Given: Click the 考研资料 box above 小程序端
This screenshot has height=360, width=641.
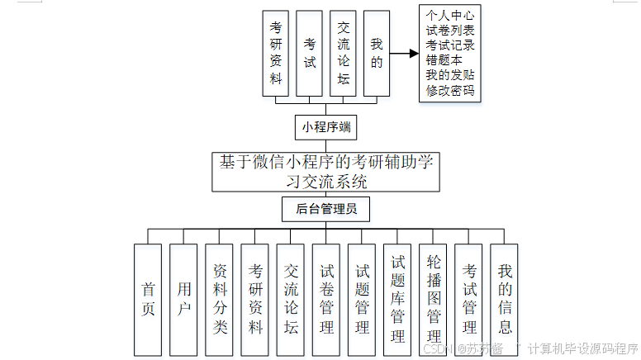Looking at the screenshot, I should (x=275, y=52).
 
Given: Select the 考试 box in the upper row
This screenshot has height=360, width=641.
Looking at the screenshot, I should (x=309, y=52).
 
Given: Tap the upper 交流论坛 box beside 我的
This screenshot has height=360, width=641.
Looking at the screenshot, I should (x=343, y=52).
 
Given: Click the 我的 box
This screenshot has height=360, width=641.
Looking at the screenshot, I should (x=377, y=52).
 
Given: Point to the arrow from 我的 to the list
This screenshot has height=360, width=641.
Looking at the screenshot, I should (x=404, y=54).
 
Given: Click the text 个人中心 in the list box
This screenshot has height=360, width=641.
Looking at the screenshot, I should (x=450, y=16).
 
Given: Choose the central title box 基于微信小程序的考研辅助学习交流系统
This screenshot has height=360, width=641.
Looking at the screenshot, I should (x=325, y=171).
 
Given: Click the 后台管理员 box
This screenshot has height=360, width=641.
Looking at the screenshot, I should (x=325, y=210).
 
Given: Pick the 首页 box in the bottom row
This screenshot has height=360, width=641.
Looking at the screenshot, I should (x=148, y=300).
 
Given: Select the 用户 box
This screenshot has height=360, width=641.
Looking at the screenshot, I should (x=183, y=300).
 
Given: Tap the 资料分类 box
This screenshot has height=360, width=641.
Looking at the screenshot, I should (x=220, y=300).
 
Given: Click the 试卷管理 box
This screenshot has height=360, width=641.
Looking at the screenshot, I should (x=326, y=300).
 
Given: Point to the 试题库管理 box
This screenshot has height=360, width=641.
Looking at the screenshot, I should (x=397, y=300).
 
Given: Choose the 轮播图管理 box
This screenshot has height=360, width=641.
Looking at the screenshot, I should (x=433, y=300).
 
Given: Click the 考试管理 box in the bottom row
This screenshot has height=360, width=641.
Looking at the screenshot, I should (x=468, y=300).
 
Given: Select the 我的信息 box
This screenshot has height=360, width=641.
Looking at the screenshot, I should (x=504, y=300).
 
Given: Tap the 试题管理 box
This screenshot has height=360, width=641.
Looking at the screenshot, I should (x=362, y=300).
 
